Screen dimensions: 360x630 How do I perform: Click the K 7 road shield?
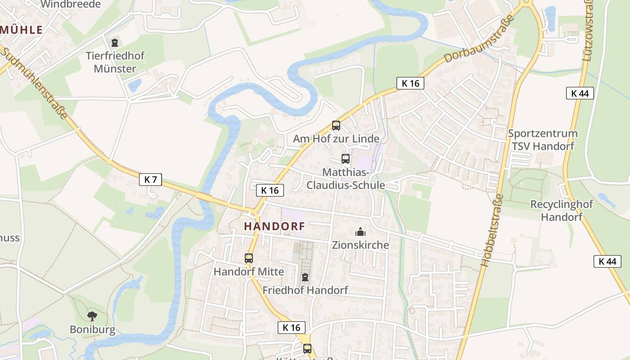coord(150,180)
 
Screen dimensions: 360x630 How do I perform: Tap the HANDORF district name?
coord(274,226)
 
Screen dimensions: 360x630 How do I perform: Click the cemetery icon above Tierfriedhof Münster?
coord(115,43)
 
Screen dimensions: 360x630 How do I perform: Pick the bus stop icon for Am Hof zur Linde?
coord(336,126)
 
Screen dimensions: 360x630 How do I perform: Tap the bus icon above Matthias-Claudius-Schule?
coord(345,159)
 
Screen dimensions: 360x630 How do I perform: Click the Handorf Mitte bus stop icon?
coord(249,258)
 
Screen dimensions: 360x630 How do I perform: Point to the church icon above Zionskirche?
coord(360,232)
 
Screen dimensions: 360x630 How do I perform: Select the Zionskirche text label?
coord(360,245)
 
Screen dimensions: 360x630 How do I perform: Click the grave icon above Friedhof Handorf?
coord(305,277)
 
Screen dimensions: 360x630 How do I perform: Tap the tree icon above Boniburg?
coord(92,316)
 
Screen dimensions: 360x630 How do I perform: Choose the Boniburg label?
coord(92,329)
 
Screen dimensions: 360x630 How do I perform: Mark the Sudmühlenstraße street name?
coord(34,83)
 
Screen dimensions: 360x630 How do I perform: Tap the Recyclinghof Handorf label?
coord(562,211)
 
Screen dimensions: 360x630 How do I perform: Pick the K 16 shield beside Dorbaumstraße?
coord(410,83)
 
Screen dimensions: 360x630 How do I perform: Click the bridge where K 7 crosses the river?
coord(204,197)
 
